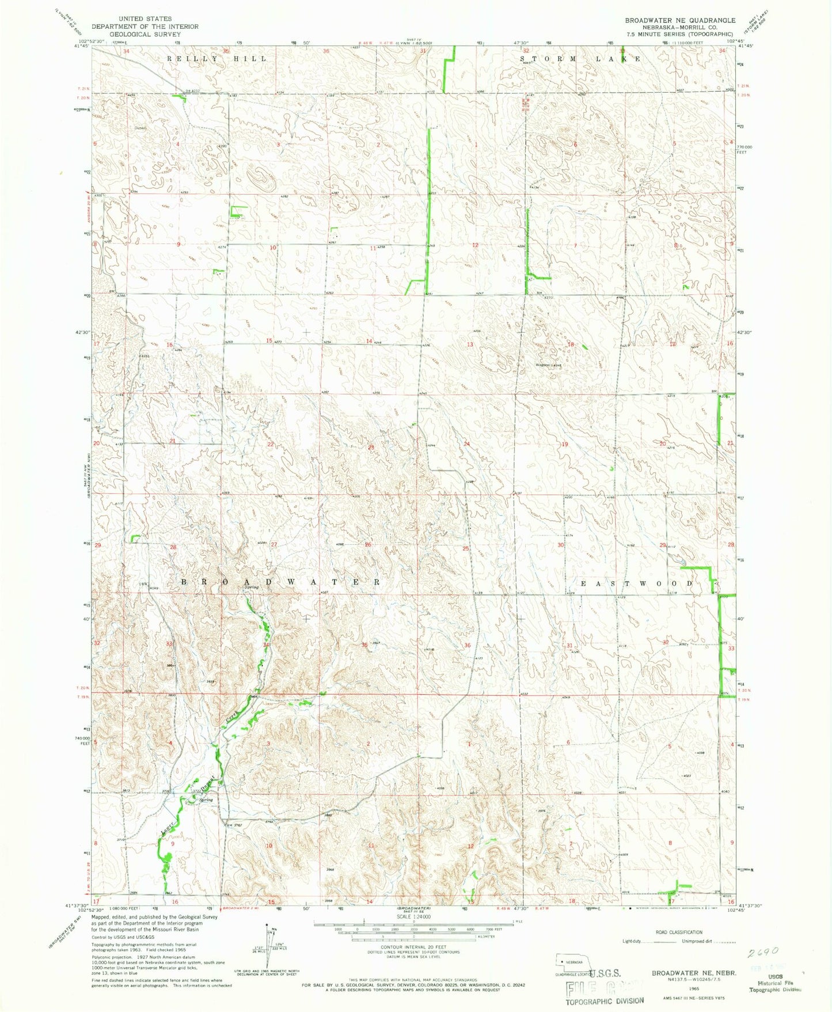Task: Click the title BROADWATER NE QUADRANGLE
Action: pos(680,20)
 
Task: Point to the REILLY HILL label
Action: pos(216,59)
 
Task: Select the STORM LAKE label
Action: pos(580,59)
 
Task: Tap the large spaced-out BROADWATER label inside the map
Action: pos(280,582)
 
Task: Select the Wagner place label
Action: pos(544,365)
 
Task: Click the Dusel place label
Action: pos(140,128)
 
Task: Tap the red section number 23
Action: pos(371,448)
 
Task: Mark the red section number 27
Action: pos(274,544)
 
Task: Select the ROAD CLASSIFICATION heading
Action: pos(679,932)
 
